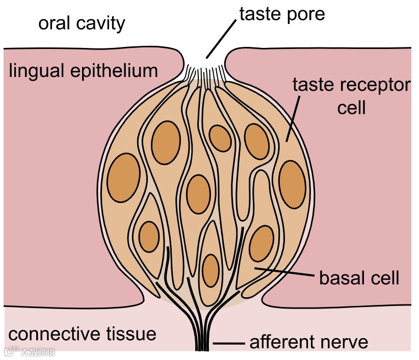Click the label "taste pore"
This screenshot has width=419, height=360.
click(x=281, y=14)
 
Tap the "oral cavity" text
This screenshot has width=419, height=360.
click(x=82, y=23)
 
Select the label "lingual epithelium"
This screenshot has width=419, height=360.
click(x=84, y=70)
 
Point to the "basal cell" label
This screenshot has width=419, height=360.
click(x=359, y=278)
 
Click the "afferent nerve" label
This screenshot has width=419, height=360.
click(x=308, y=342)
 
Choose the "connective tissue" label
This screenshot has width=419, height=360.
click(x=83, y=334)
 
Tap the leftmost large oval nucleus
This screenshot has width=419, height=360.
click(x=124, y=178)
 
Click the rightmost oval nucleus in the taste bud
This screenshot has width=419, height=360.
click(x=293, y=184)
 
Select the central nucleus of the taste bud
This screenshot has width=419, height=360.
click(x=198, y=194)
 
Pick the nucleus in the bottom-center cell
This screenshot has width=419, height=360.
click(x=211, y=270)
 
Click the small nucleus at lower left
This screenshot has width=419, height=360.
click(x=149, y=237)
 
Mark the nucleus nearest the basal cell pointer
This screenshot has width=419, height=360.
click(x=261, y=243)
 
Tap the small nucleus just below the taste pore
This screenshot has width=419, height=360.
click(x=220, y=138)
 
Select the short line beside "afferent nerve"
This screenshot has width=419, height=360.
click(x=227, y=343)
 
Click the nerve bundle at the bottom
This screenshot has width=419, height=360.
click(x=203, y=337)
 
